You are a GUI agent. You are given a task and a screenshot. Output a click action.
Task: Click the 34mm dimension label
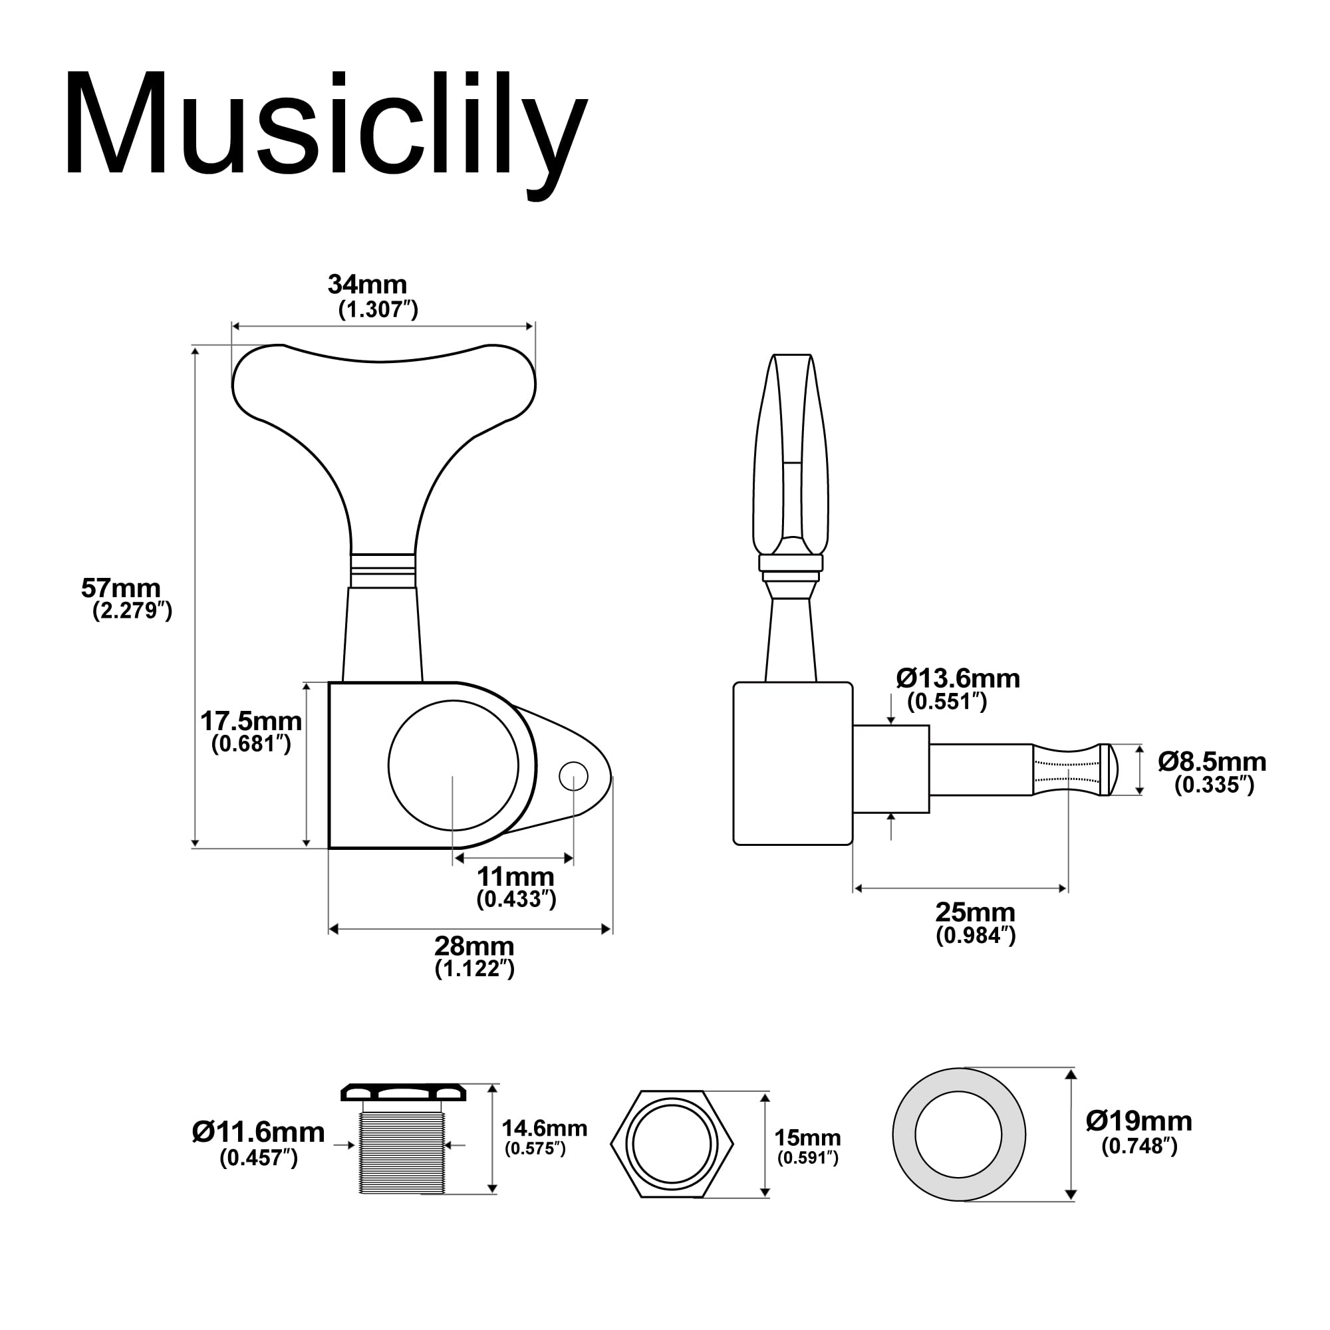pos(367,284)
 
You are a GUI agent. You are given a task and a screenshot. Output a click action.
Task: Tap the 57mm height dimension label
pos(121,588)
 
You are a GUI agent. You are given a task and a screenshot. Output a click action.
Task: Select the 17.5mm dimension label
pos(251,721)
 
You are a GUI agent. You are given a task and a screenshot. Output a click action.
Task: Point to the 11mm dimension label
pos(515,876)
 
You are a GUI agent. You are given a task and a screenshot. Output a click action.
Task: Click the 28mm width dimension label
pos(473,946)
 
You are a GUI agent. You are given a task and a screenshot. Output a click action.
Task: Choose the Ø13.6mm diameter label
pos(958,678)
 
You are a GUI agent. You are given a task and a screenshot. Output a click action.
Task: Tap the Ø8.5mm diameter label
pos(1211,761)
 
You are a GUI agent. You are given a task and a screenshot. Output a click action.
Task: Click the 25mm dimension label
pos(975,912)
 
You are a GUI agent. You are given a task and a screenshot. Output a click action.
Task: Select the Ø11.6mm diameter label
pos(258,1132)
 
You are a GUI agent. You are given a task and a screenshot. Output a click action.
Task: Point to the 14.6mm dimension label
pos(544,1129)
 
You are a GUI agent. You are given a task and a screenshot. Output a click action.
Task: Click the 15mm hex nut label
pos(807,1137)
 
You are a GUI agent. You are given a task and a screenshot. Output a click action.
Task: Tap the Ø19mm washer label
pos(1138,1121)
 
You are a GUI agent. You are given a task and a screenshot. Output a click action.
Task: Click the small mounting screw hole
pos(573,777)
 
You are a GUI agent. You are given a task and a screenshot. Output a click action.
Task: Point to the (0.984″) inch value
pos(976,936)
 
